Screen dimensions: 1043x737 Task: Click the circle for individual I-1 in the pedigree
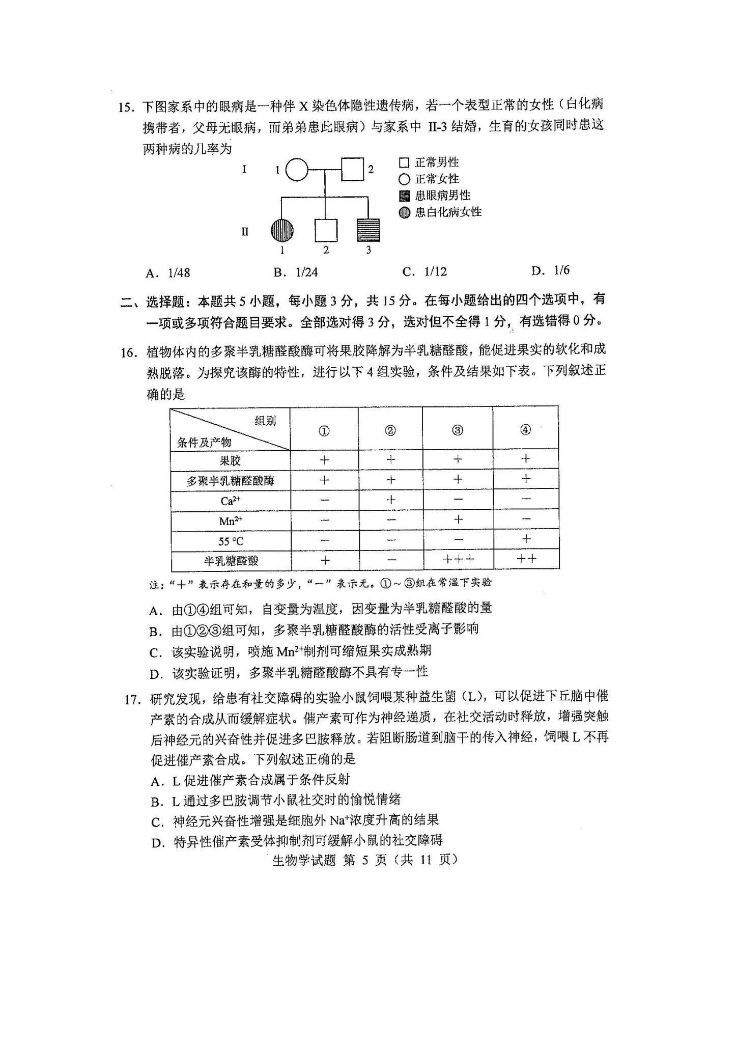click(297, 170)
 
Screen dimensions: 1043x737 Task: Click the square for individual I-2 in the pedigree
click(352, 169)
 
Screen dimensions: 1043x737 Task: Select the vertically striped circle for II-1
click(282, 231)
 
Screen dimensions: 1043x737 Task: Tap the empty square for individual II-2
click(326, 230)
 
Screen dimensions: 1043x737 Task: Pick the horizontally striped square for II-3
click(368, 230)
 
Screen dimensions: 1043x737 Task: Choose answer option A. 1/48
click(168, 273)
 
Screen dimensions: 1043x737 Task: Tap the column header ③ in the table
click(457, 431)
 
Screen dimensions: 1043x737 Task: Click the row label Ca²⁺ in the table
click(230, 501)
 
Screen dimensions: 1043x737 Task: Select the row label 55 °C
click(231, 541)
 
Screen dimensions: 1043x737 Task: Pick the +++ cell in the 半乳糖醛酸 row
click(458, 559)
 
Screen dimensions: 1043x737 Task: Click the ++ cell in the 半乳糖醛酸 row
click(526, 559)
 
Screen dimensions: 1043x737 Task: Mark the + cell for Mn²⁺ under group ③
click(458, 519)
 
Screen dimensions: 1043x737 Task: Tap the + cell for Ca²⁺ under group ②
click(390, 500)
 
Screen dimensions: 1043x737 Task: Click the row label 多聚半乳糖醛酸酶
click(230, 481)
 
